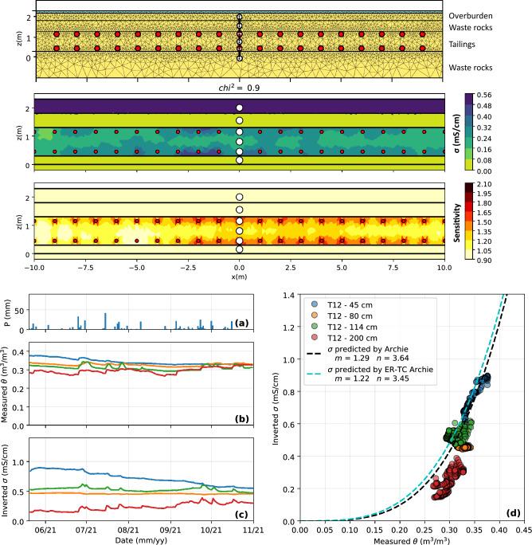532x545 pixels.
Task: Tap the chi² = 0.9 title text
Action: pyautogui.click(x=238, y=88)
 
